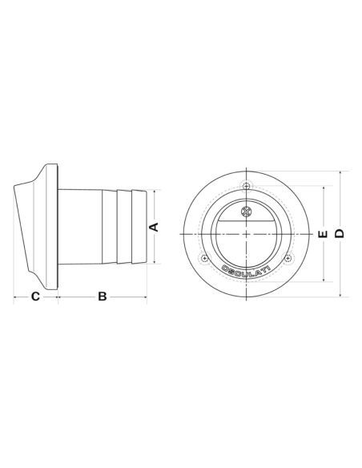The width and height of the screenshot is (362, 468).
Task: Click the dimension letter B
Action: coord(103,297)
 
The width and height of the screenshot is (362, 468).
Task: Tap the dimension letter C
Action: coord(35,297)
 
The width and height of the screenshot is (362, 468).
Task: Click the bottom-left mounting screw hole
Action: coord(204,258)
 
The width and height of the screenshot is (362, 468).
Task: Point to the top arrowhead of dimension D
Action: coord(339,172)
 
